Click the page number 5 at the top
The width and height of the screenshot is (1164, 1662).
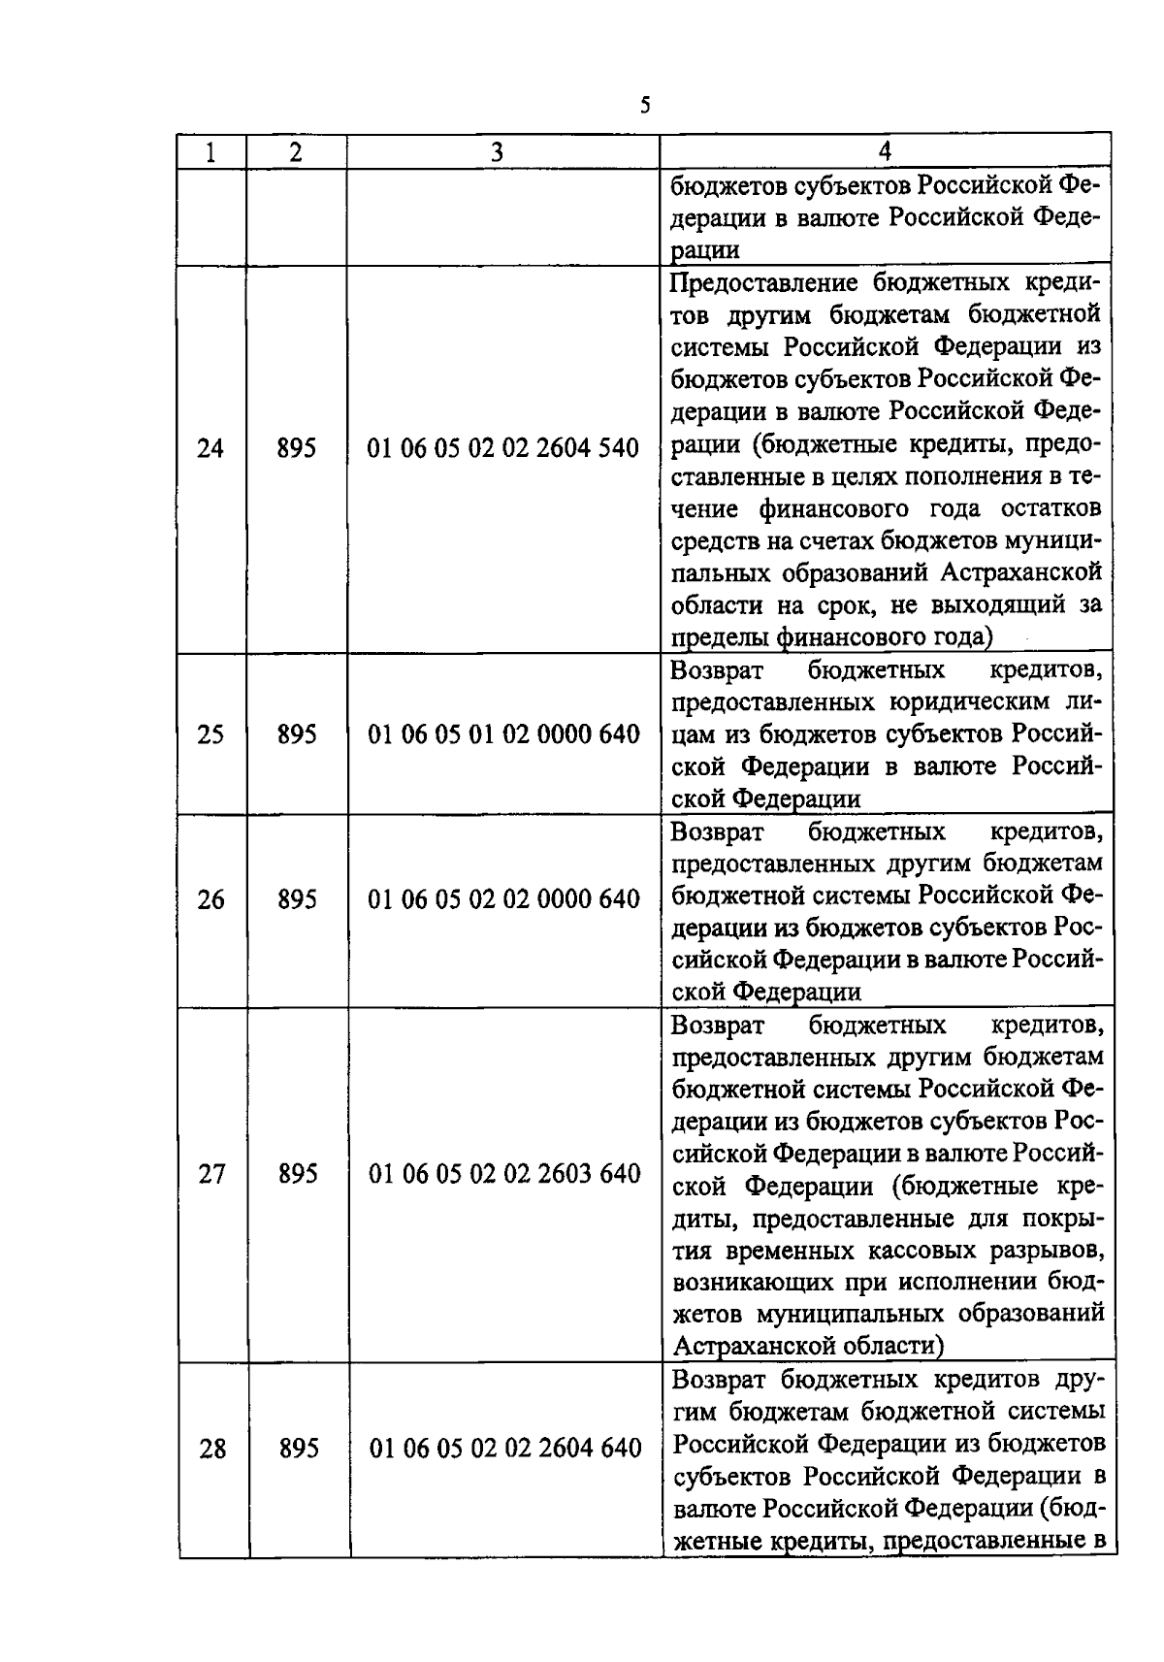tap(645, 105)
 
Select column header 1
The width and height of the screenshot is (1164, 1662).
tap(210, 152)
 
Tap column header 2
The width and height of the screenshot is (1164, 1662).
tap(296, 152)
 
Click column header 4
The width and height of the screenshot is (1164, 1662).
tap(884, 151)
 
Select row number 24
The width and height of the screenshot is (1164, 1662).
tap(210, 449)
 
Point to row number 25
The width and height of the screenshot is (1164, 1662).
tap(210, 734)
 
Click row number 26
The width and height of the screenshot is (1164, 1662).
tap(210, 900)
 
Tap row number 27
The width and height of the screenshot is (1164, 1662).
tap(211, 1175)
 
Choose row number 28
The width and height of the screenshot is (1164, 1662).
tap(212, 1450)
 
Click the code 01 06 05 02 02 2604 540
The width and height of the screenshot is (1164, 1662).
tap(503, 449)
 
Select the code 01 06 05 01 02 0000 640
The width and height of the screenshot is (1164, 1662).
tap(503, 734)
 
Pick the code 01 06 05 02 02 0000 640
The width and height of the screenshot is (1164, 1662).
tap(503, 900)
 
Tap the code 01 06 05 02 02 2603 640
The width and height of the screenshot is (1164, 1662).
tap(504, 1175)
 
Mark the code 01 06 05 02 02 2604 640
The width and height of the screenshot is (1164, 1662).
tap(505, 1450)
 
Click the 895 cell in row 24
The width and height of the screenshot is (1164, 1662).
tap(297, 449)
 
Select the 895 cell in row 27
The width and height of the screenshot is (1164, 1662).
tap(298, 1175)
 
